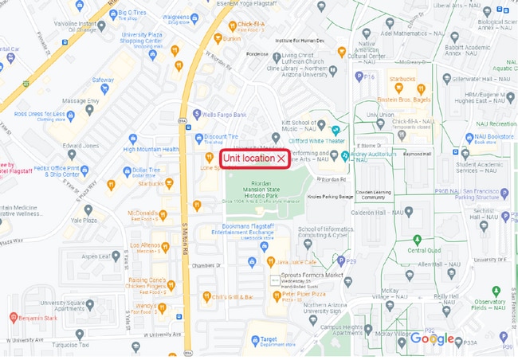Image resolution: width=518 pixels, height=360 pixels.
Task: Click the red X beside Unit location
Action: (281, 159)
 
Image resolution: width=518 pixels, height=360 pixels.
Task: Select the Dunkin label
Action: (232, 38)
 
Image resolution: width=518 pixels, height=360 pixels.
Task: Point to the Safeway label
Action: (103, 80)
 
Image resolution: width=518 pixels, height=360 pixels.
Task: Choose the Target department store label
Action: (263, 340)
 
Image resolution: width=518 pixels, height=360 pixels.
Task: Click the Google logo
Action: (432, 339)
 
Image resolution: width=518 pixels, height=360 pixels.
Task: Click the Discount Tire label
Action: (222, 136)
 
